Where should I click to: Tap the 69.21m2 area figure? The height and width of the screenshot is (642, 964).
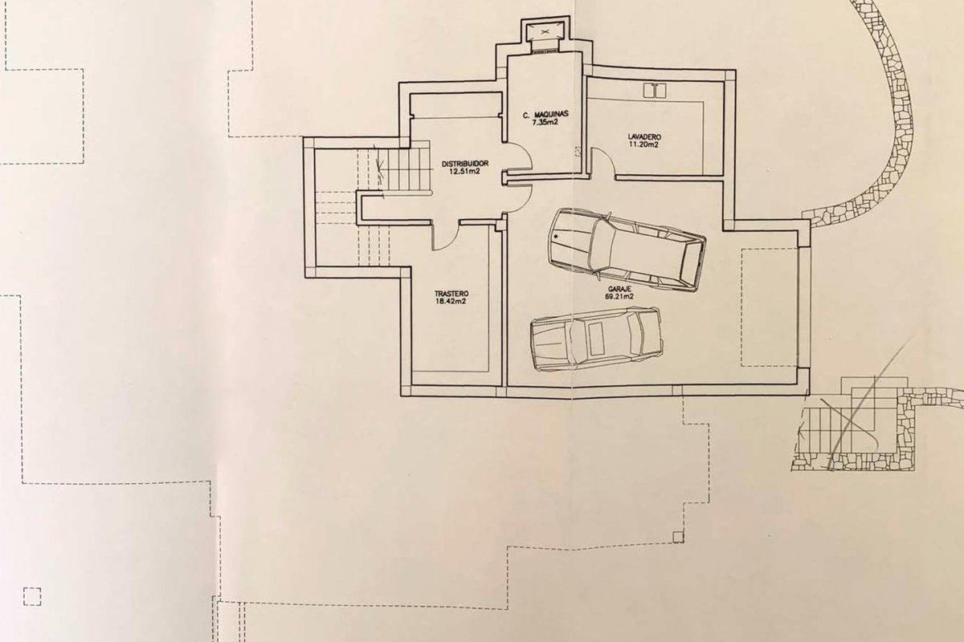pyautogui.click(x=619, y=297)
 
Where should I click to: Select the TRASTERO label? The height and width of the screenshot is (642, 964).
pyautogui.click(x=451, y=295)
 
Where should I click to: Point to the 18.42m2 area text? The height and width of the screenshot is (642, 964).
pyautogui.click(x=451, y=302)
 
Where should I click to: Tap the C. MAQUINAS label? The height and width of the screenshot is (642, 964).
pyautogui.click(x=545, y=115)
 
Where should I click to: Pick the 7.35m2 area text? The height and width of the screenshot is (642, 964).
pyautogui.click(x=545, y=122)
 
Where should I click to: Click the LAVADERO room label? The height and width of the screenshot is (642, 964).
pyautogui.click(x=643, y=137)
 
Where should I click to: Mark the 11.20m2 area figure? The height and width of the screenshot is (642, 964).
pyautogui.click(x=643, y=144)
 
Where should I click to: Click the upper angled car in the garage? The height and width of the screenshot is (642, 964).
pyautogui.click(x=627, y=250)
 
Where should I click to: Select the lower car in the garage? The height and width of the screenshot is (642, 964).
pyautogui.click(x=596, y=339)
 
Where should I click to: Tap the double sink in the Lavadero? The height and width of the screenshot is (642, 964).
pyautogui.click(x=655, y=91)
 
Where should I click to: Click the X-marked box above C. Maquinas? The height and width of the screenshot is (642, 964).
pyautogui.click(x=545, y=31)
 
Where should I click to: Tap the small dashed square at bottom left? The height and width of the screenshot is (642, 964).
pyautogui.click(x=32, y=596)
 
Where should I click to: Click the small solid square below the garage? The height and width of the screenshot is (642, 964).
pyautogui.click(x=678, y=537)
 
